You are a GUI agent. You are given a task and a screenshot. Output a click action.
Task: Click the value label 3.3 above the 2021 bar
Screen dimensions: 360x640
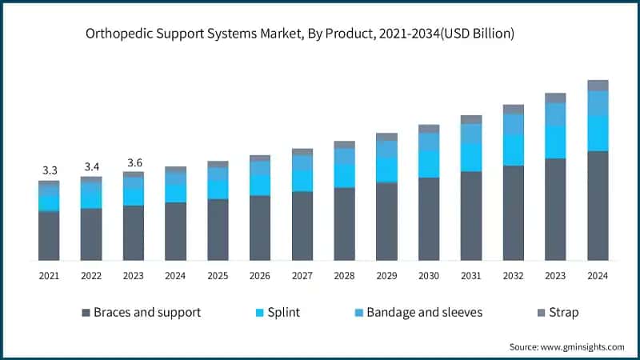(50, 170)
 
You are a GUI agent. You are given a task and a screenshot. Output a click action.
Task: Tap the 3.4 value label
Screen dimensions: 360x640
(92, 167)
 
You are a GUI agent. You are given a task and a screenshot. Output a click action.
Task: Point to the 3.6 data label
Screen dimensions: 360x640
(134, 162)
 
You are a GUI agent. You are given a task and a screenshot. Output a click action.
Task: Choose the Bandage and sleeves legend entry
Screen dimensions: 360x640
(424, 312)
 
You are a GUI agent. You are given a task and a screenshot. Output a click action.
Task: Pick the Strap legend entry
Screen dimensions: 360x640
(564, 312)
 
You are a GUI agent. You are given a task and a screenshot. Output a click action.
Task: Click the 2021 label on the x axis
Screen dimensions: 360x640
(50, 276)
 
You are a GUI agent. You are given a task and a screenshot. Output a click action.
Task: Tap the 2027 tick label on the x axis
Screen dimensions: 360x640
(302, 276)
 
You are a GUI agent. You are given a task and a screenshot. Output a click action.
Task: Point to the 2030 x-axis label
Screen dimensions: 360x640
(429, 276)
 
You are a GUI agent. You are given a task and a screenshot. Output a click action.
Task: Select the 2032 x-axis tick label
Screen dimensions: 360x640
(513, 276)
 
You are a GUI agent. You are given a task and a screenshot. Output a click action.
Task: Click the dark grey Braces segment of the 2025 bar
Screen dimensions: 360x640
(218, 230)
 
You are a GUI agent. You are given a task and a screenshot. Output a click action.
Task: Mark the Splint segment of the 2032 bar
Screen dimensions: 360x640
(514, 150)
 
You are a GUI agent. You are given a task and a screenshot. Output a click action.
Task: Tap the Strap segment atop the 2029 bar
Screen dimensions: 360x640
(387, 137)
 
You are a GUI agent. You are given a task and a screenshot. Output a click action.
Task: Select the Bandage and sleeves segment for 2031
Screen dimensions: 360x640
(471, 133)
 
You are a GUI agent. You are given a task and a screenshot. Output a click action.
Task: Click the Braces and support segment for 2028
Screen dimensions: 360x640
(345, 224)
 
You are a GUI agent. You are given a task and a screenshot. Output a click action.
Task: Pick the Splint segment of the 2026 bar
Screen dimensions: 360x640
(260, 185)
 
